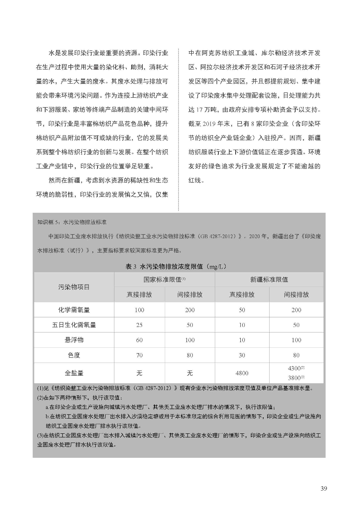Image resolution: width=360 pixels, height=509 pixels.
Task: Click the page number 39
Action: tap(324, 488)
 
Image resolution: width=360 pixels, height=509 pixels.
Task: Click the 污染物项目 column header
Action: tap(74, 287)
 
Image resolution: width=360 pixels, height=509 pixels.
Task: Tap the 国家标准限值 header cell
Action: tap(164, 280)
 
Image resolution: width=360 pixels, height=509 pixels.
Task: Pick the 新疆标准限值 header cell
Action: tap(269, 280)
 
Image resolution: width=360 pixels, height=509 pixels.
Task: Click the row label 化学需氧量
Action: tap(74, 310)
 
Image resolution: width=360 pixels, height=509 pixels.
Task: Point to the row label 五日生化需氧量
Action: tap(74, 325)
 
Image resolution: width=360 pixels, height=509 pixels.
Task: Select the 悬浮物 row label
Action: tap(74, 340)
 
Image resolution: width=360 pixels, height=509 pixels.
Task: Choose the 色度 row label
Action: tap(74, 355)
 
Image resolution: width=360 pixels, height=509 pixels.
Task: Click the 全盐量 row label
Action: tap(74, 373)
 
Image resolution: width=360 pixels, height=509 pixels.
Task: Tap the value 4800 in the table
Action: tap(242, 373)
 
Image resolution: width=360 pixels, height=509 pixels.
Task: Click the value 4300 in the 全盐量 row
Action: tap(295, 368)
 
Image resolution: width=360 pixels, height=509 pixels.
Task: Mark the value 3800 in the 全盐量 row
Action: tap(295, 378)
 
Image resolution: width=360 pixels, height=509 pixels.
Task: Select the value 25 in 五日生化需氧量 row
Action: tap(139, 325)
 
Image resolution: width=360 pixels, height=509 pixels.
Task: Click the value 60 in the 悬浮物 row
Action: tap(139, 340)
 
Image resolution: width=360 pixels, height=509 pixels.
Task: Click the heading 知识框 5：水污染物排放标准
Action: tap(72, 222)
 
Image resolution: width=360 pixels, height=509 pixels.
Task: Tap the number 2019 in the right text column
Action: tap(212, 124)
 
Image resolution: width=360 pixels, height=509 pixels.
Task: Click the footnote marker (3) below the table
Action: tap(40, 435)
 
